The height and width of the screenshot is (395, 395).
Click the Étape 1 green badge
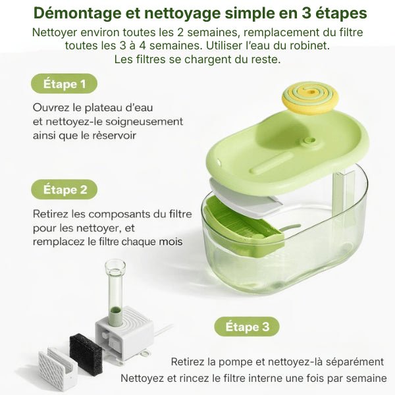pyautogui.click(x=64, y=84)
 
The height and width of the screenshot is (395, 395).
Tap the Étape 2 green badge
pyautogui.click(x=64, y=190)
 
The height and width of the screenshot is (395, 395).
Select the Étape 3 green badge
pyautogui.click(x=247, y=327)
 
